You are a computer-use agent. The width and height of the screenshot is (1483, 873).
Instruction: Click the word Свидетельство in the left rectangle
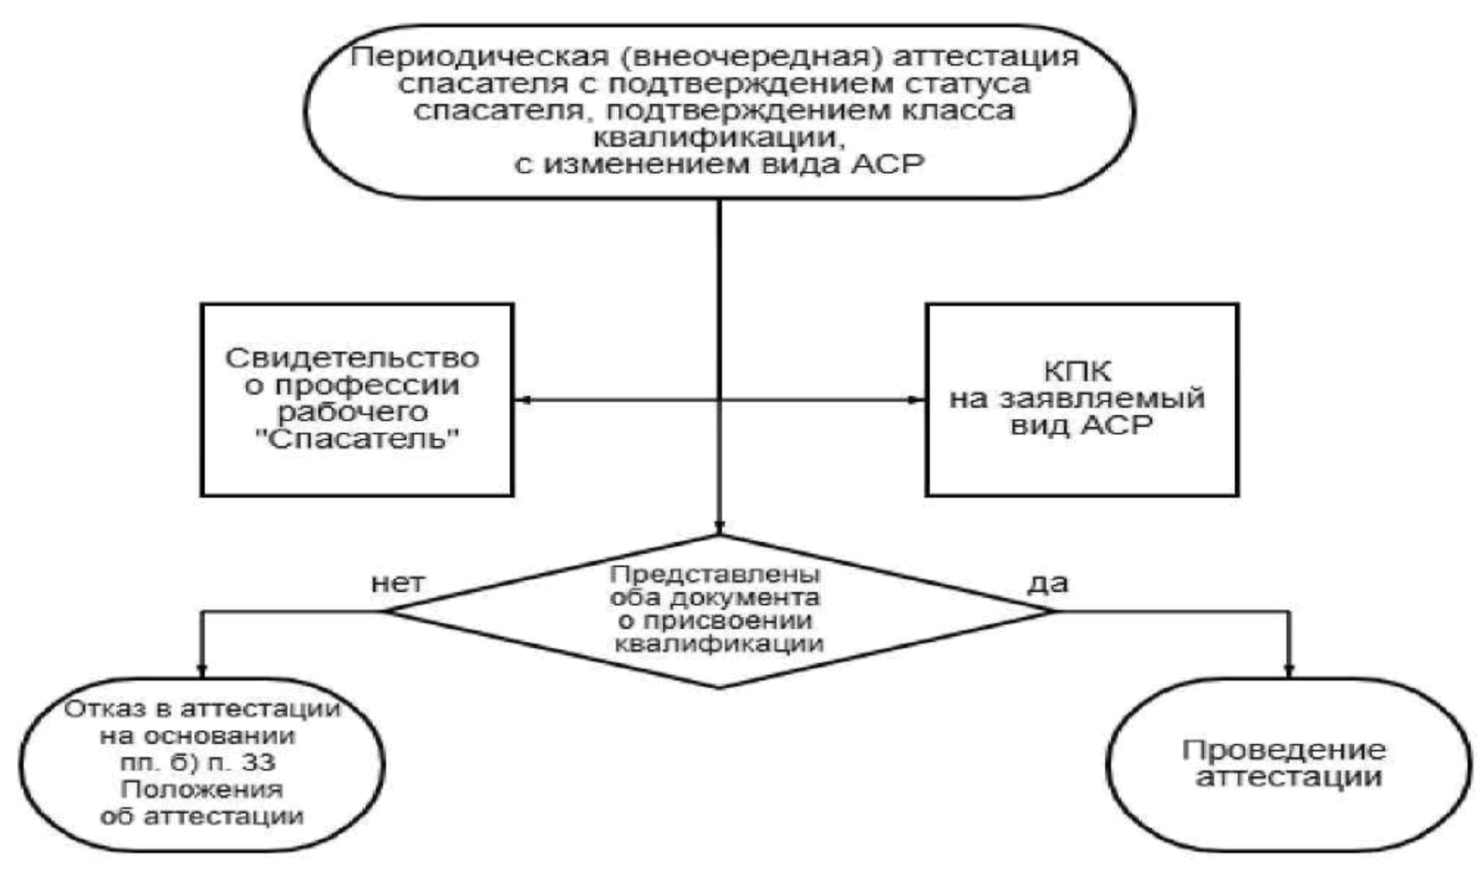pyautogui.click(x=352, y=358)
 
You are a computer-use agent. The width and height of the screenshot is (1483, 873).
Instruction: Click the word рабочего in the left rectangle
pyautogui.click(x=352, y=412)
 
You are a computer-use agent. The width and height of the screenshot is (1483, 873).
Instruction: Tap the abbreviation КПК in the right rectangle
pyautogui.click(x=1078, y=372)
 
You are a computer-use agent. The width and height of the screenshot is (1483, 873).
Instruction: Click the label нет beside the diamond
pyautogui.click(x=398, y=584)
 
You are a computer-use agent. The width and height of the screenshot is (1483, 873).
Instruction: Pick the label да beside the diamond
pyautogui.click(x=1048, y=584)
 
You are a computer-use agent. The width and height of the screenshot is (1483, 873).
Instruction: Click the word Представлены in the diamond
pyautogui.click(x=715, y=574)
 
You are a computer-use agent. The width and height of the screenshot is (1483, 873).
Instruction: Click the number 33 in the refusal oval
pyautogui.click(x=258, y=762)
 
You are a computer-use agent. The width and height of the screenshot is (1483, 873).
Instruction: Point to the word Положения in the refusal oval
pyautogui.click(x=202, y=790)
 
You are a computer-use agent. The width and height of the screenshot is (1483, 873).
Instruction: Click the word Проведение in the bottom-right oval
pyautogui.click(x=1284, y=751)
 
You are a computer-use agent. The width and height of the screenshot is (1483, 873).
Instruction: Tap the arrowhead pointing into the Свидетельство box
pyautogui.click(x=522, y=400)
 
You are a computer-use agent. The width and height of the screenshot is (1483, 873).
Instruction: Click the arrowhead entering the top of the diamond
pyautogui.click(x=720, y=528)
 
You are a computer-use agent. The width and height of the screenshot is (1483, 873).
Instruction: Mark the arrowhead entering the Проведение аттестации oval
pyautogui.click(x=1289, y=671)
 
